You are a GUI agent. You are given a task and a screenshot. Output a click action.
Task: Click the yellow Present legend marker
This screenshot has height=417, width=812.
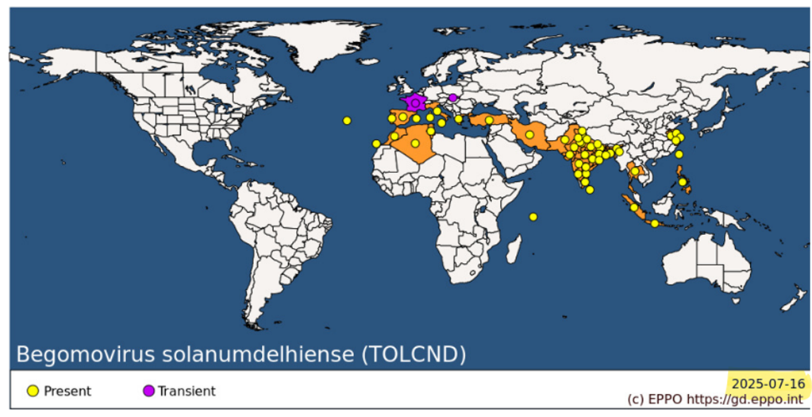33,391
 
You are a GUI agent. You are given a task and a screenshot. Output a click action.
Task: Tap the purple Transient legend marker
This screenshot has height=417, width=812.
148,391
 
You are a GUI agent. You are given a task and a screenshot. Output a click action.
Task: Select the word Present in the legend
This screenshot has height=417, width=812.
67,391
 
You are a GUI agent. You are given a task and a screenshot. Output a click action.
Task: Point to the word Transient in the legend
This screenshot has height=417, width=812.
187,391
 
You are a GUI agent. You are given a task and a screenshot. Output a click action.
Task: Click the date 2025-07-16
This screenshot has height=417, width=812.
768,384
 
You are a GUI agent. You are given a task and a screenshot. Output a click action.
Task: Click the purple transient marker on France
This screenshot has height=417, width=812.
414,102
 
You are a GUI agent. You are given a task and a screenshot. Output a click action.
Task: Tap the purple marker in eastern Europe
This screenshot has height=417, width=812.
452,98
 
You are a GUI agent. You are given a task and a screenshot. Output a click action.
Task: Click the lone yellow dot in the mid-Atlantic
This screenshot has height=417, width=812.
347,120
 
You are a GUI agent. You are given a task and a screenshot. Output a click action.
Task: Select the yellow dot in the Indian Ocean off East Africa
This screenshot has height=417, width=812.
533,216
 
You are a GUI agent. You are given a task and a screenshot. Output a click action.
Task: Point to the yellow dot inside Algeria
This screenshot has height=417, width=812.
414,144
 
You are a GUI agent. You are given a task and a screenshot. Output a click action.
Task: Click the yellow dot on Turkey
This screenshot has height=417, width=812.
489,121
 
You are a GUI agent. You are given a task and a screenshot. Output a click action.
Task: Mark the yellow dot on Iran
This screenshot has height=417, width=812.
529,135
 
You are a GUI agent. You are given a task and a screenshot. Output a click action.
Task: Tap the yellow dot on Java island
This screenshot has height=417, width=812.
654,223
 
